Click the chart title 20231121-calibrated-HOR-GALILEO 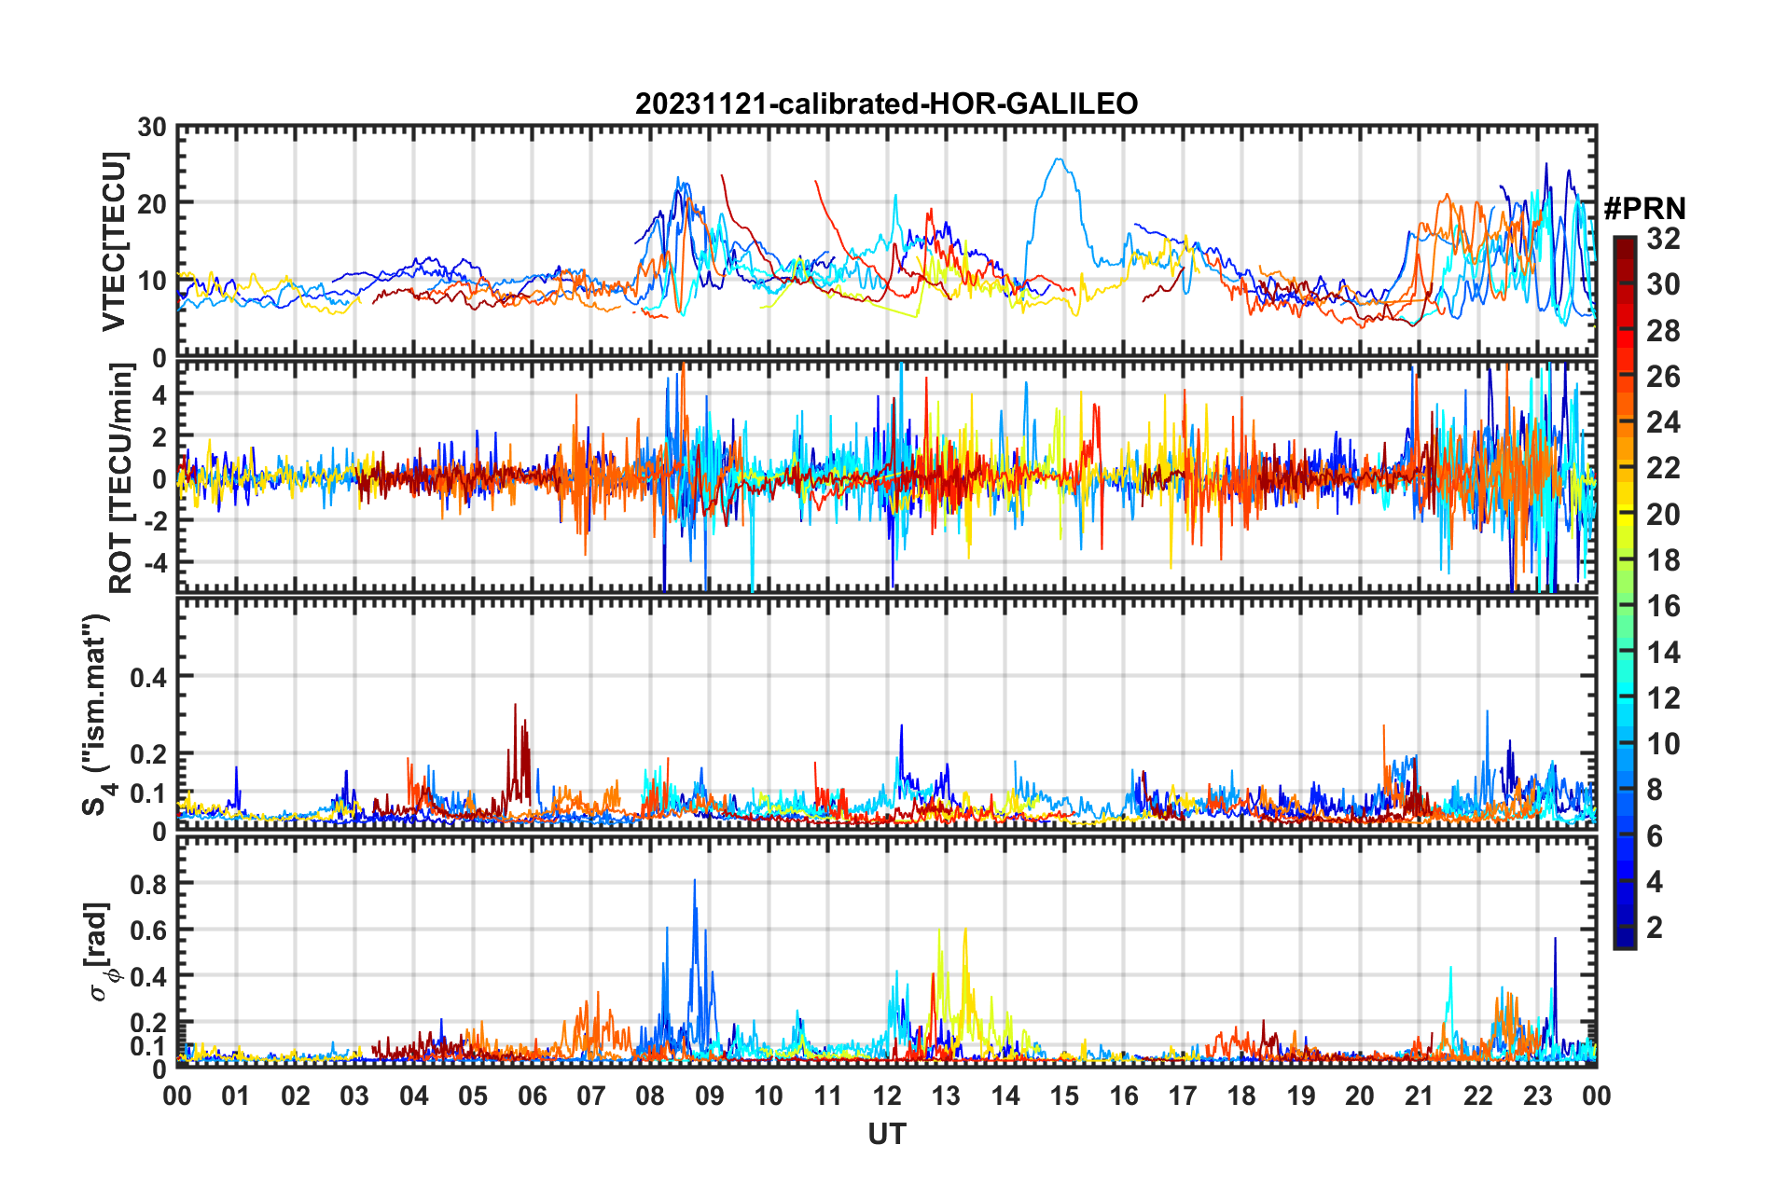pos(886,103)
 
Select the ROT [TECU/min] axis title pos(121,478)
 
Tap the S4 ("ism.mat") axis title pos(97,715)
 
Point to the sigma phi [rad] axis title pos(100,951)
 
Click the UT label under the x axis pos(886,1134)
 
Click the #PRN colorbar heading pos(1644,209)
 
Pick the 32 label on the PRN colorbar pos(1663,239)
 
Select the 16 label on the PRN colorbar pos(1663,606)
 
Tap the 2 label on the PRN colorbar pos(1656,927)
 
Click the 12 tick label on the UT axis pos(887,1096)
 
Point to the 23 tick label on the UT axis pos(1537,1096)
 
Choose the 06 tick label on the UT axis pos(533,1096)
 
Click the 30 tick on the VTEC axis pos(152,128)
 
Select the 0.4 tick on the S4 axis pos(148,677)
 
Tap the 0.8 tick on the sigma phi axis pos(148,884)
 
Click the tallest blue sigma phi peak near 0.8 pos(694,881)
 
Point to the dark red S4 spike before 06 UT pos(515,706)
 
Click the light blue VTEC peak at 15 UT pos(1059,159)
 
